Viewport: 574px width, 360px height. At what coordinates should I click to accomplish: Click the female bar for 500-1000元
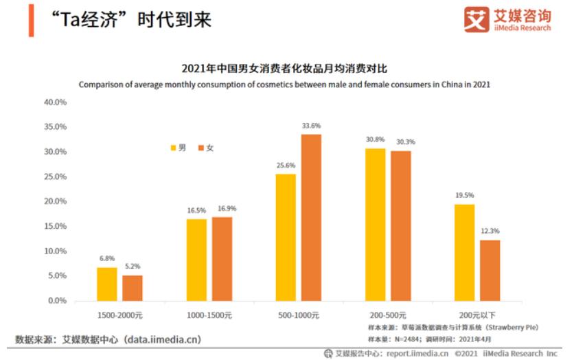pyautogui.click(x=311, y=217)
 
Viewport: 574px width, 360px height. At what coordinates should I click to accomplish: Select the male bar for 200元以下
pyautogui.click(x=464, y=252)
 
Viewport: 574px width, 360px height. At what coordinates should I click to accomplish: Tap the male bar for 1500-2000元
pyautogui.click(x=106, y=284)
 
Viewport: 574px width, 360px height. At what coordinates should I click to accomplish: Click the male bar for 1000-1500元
pyautogui.click(x=196, y=260)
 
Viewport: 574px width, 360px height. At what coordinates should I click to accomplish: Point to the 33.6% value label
pyautogui.click(x=311, y=126)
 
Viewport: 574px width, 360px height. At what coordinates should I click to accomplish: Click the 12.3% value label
pyautogui.click(x=490, y=232)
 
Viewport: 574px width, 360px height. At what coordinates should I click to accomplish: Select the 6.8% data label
pyautogui.click(x=106, y=258)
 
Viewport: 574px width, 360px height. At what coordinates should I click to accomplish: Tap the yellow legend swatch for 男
pyautogui.click(x=174, y=148)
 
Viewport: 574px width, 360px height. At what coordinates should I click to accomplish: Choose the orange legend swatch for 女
pyautogui.click(x=200, y=148)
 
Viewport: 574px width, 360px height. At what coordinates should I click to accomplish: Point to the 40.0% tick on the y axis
pyautogui.click(x=55, y=102)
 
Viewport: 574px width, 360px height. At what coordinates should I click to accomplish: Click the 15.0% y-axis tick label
pyautogui.click(x=55, y=226)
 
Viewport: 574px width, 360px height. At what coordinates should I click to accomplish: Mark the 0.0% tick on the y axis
pyautogui.click(x=57, y=301)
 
